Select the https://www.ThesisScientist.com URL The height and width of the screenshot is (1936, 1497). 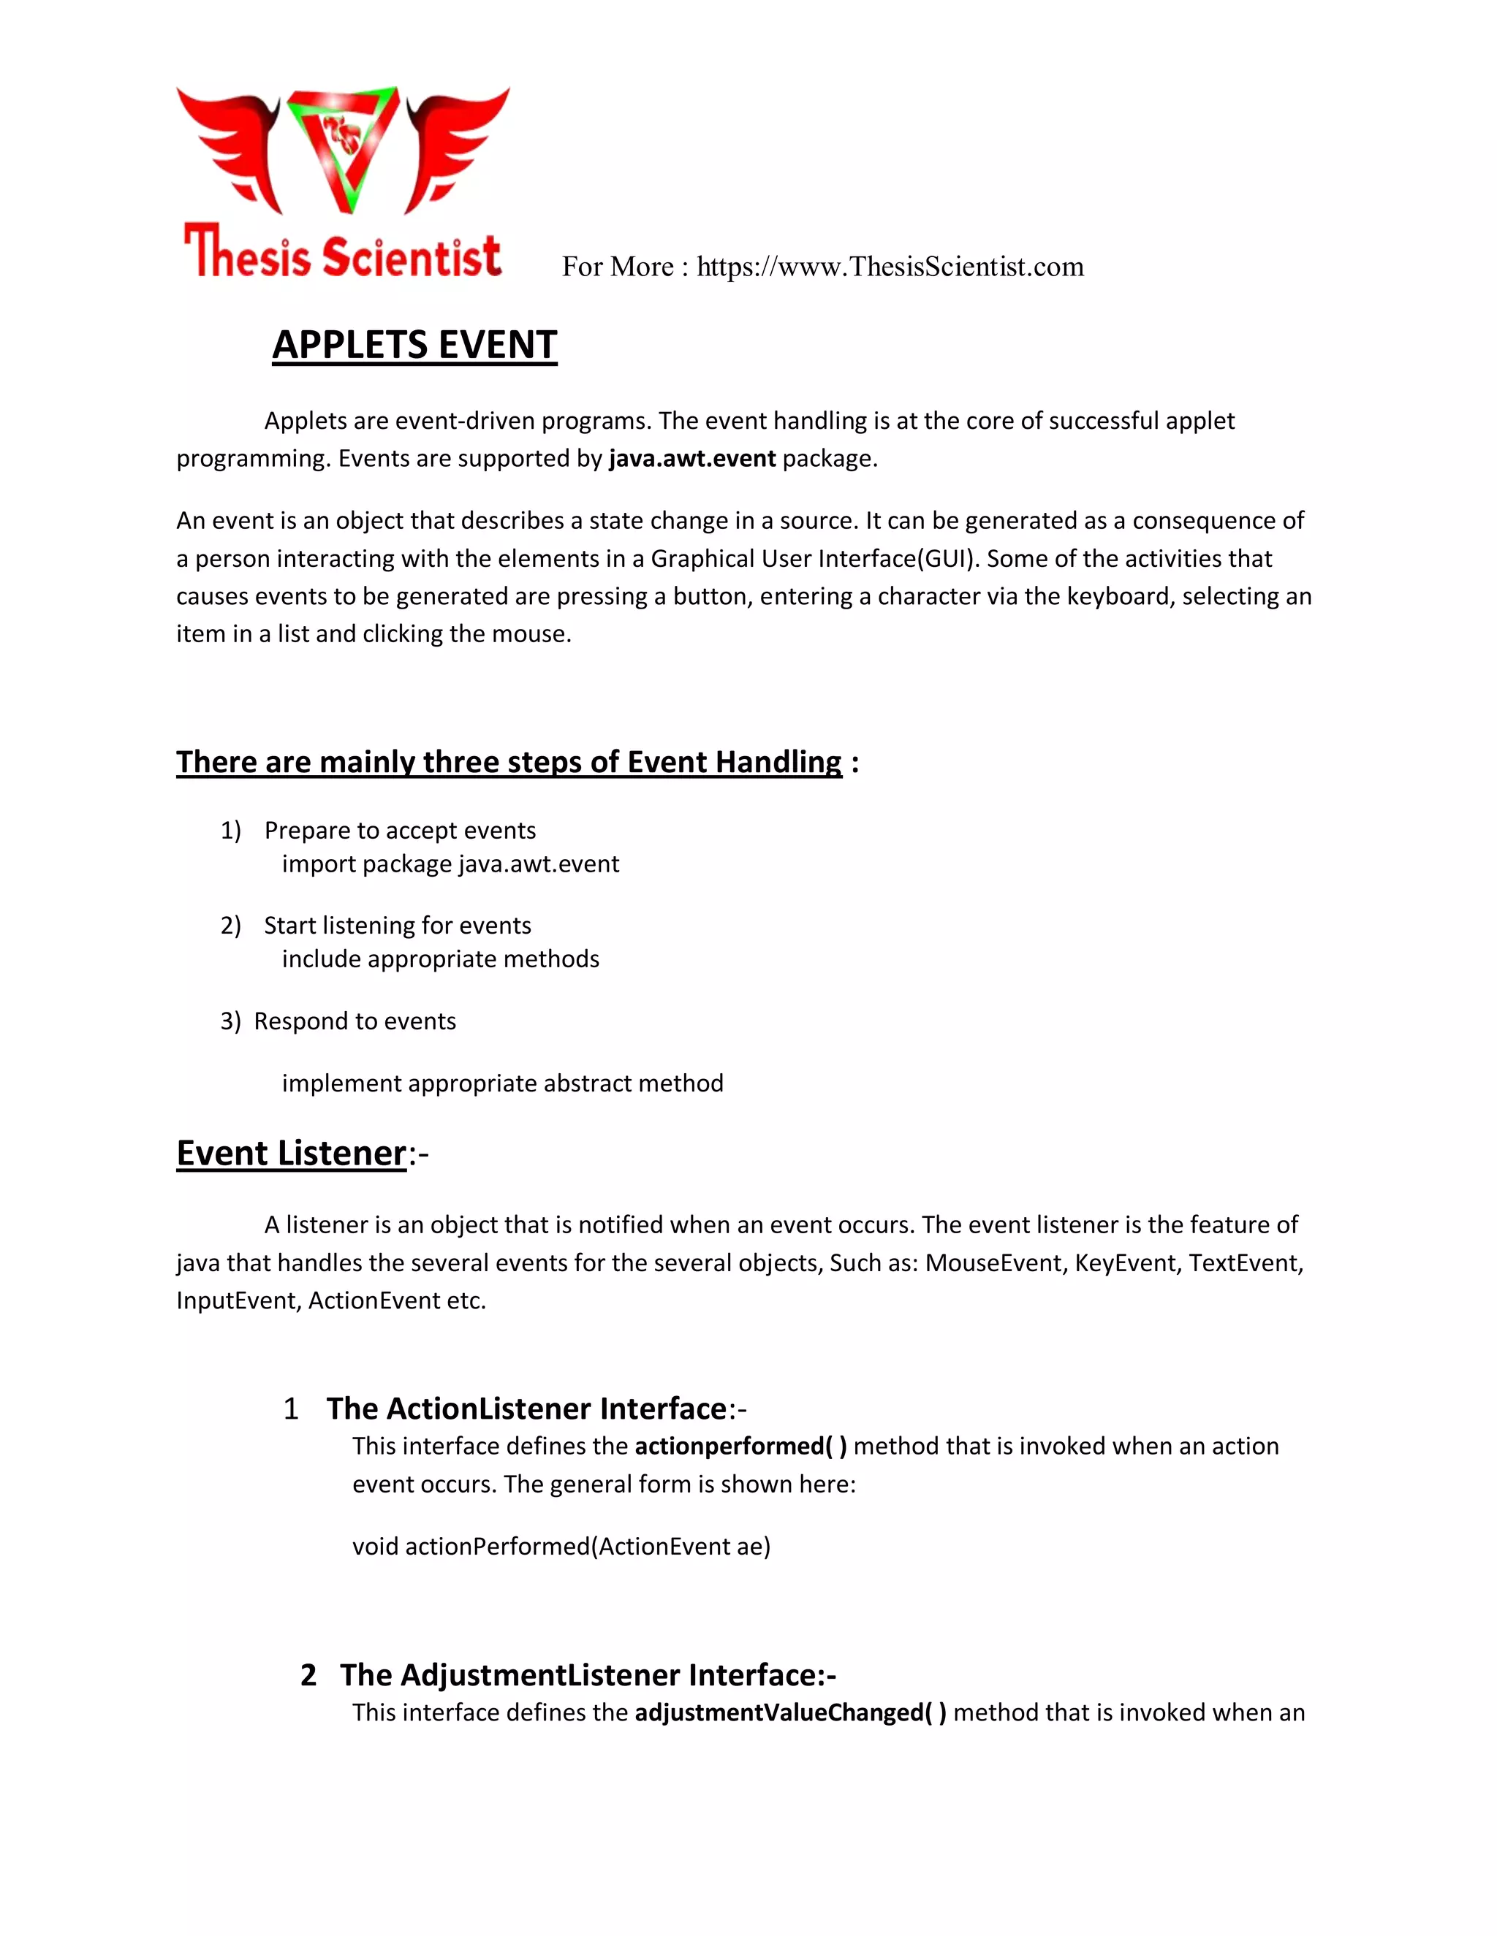click(x=890, y=267)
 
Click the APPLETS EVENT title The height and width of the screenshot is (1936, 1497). click(x=414, y=345)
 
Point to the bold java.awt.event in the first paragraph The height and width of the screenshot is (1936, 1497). click(x=691, y=458)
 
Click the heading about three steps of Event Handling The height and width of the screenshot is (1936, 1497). click(x=508, y=762)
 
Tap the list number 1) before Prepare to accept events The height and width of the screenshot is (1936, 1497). click(x=230, y=831)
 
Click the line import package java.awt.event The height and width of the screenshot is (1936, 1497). click(x=450, y=864)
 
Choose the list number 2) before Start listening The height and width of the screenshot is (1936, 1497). click(x=230, y=926)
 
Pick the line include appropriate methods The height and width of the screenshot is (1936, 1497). click(x=440, y=959)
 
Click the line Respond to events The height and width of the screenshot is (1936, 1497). click(x=355, y=1021)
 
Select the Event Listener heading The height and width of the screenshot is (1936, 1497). click(x=291, y=1154)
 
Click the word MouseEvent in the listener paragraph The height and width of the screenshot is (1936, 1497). click(x=994, y=1262)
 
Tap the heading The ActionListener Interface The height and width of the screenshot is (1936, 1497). click(x=527, y=1409)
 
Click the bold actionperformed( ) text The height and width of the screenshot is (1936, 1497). click(x=740, y=1447)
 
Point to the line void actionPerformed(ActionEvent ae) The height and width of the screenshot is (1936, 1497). click(x=561, y=1547)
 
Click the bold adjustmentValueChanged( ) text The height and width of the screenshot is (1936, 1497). click(x=790, y=1712)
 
